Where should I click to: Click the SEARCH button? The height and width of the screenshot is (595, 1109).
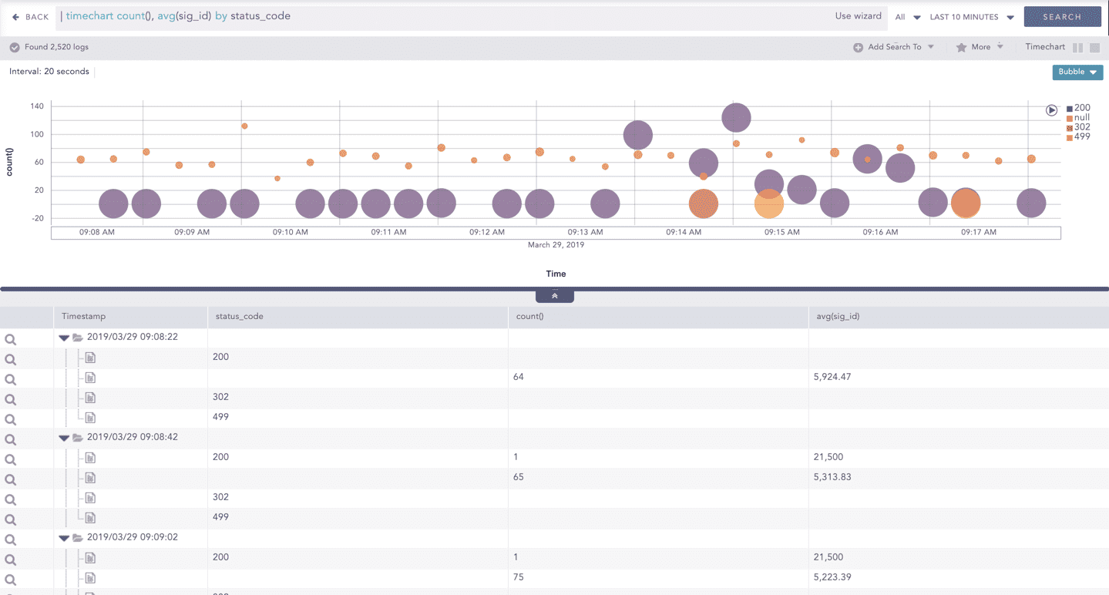click(x=1062, y=16)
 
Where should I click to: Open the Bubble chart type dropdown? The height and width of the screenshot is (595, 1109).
click(x=1077, y=72)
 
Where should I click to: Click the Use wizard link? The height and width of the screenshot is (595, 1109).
click(x=858, y=16)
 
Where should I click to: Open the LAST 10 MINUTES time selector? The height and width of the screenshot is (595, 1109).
click(x=971, y=17)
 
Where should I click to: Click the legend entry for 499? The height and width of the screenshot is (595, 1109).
click(x=1081, y=136)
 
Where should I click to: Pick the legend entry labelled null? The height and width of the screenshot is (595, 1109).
click(x=1081, y=118)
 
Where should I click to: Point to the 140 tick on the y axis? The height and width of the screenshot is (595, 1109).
click(x=37, y=106)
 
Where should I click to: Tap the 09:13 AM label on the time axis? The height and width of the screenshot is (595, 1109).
click(x=585, y=232)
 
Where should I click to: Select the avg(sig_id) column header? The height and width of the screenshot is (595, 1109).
click(x=838, y=316)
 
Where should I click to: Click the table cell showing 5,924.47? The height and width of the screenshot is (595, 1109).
click(x=832, y=377)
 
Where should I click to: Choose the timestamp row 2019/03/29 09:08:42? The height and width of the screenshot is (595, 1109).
click(x=132, y=437)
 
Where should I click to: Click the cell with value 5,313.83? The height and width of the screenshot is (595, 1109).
click(x=832, y=477)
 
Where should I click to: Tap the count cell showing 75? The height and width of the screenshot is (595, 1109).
click(x=519, y=577)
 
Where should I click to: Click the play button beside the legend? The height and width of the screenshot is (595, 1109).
click(x=1051, y=110)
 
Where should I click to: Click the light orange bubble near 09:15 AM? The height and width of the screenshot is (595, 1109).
click(x=768, y=204)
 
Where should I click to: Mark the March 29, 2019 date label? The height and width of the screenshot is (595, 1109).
click(x=556, y=245)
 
